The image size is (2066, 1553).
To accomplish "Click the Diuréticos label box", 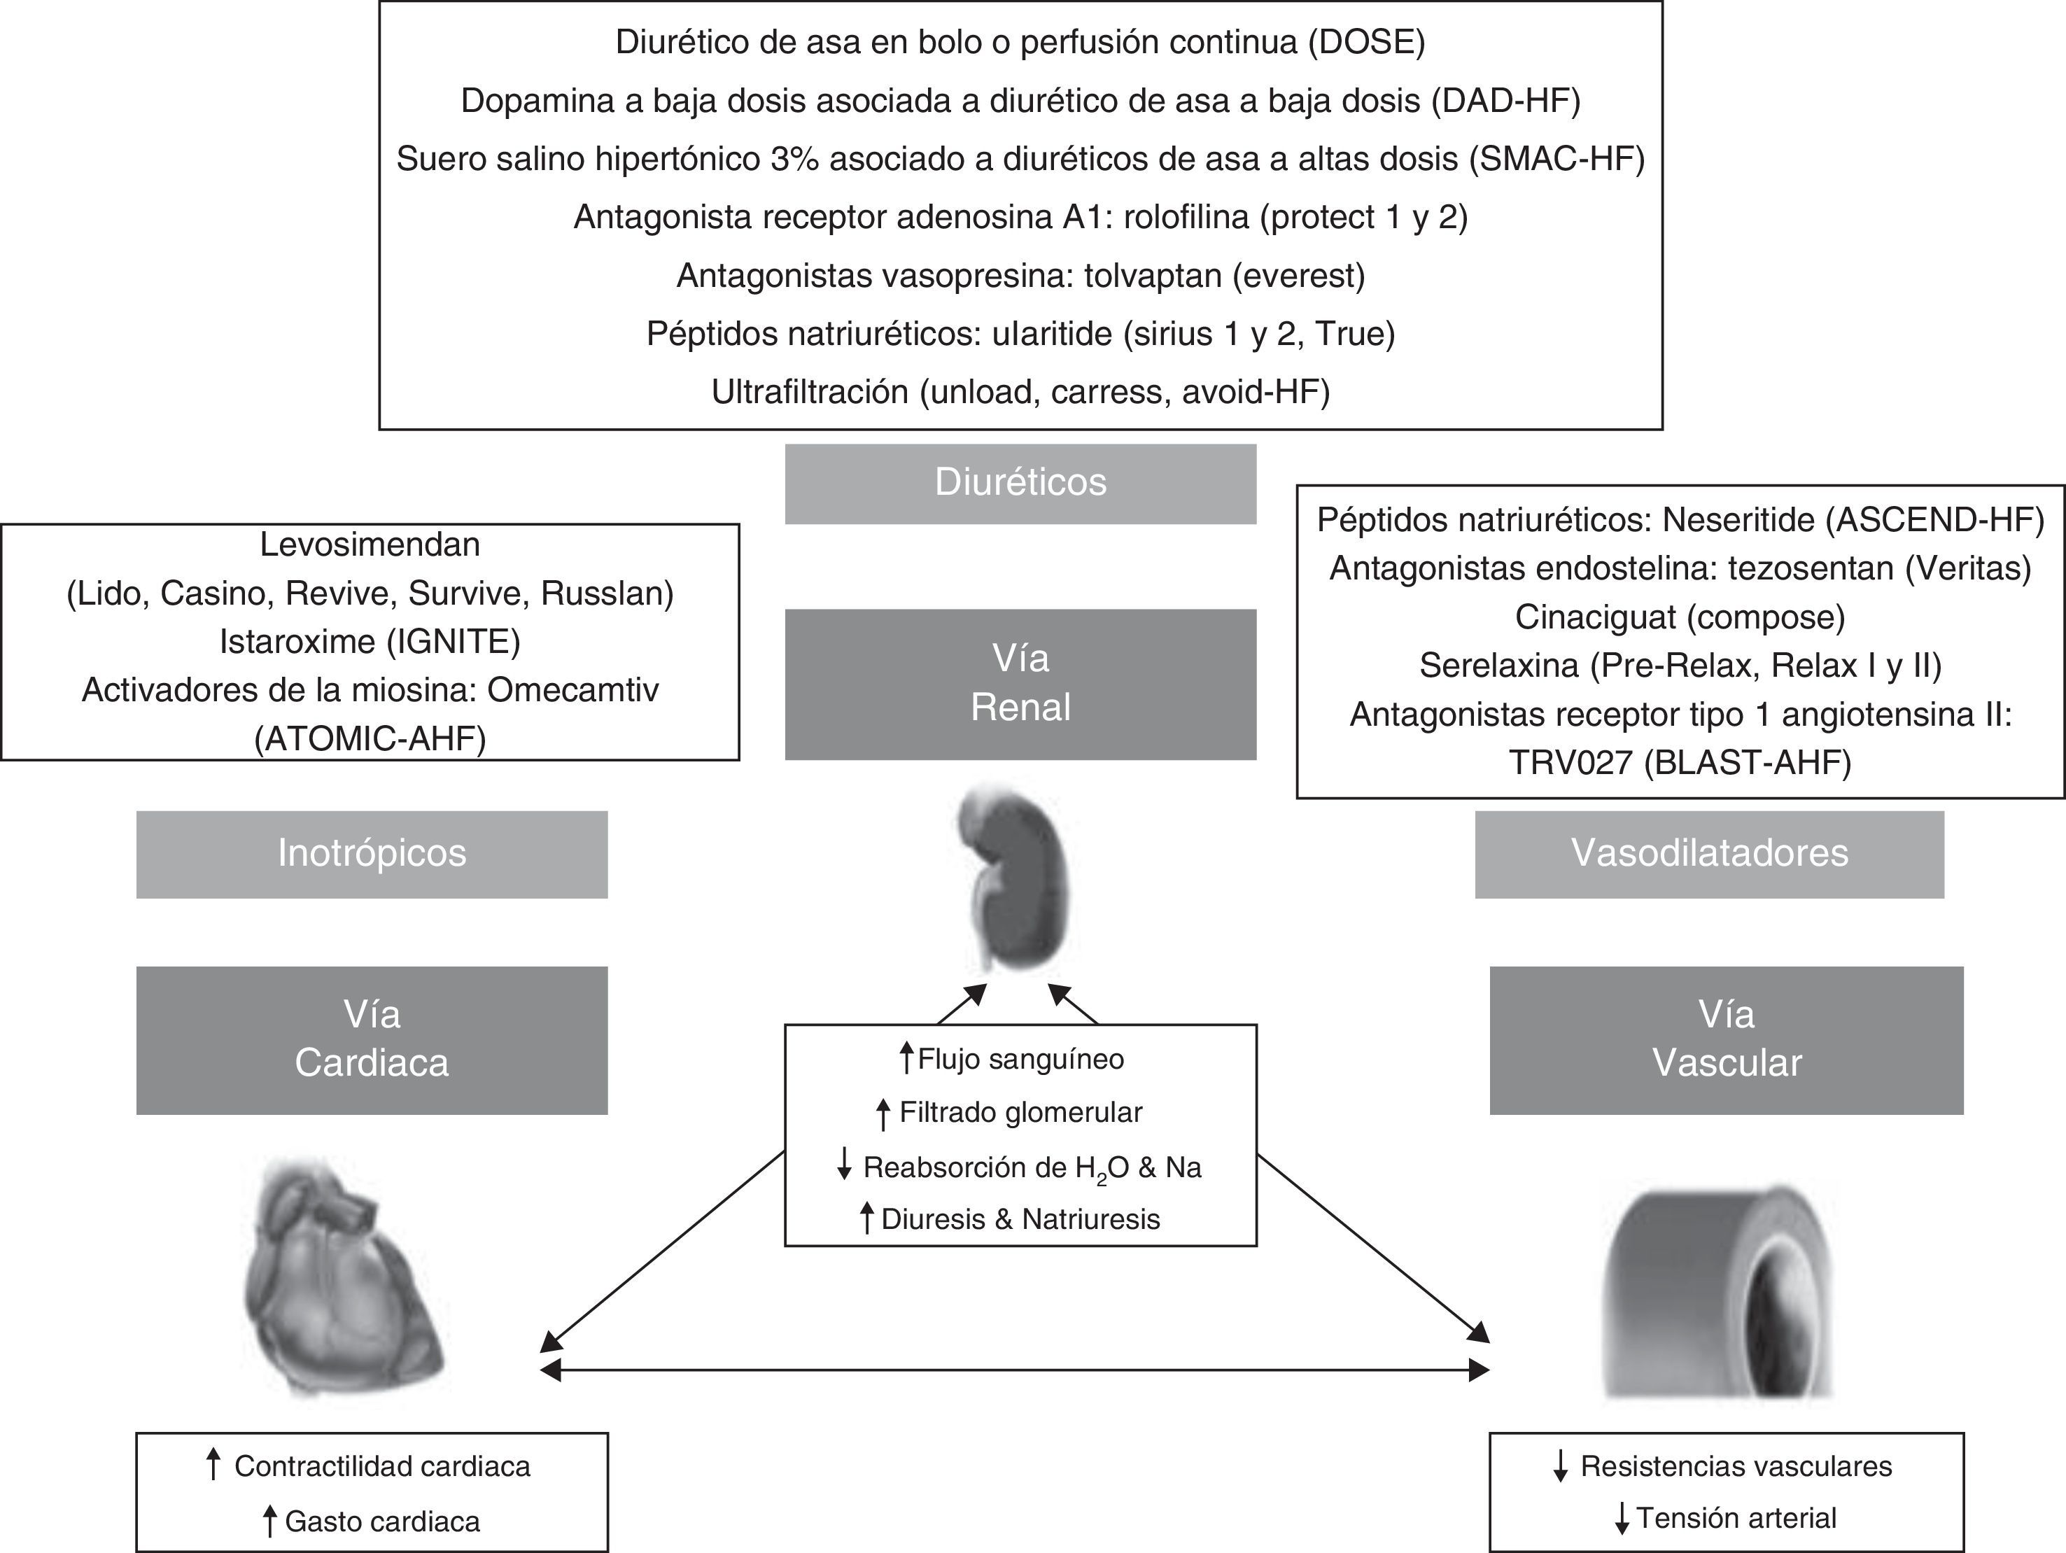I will click(x=1020, y=483).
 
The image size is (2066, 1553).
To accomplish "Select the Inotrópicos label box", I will click(x=372, y=854).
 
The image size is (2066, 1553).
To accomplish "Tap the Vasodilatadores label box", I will click(x=1709, y=854).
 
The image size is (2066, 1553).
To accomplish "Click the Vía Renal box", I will click(x=1020, y=684).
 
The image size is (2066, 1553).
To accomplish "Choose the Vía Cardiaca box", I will click(x=372, y=1039).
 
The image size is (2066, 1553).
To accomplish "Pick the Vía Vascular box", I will click(x=1726, y=1039).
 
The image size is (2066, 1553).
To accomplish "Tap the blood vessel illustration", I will click(x=1719, y=1293).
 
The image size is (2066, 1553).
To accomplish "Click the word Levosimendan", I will click(x=370, y=544).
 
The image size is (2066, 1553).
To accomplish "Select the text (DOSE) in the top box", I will click(x=1365, y=43).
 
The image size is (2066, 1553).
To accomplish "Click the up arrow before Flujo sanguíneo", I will click(x=905, y=1058).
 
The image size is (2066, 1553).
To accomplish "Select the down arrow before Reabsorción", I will click(x=844, y=1165).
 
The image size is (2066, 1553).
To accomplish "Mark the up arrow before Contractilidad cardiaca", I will click(x=213, y=1464).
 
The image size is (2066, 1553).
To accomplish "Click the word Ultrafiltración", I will click(x=810, y=392).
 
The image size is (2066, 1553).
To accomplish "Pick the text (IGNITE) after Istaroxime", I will click(x=454, y=642).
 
